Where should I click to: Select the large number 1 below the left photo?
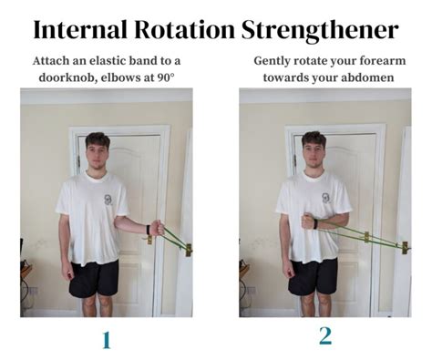[x=106, y=340]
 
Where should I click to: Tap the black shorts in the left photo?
[x=95, y=277]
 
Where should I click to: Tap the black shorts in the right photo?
[x=313, y=276]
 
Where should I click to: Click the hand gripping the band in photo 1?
[x=158, y=228]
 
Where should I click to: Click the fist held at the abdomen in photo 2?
[x=307, y=221]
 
